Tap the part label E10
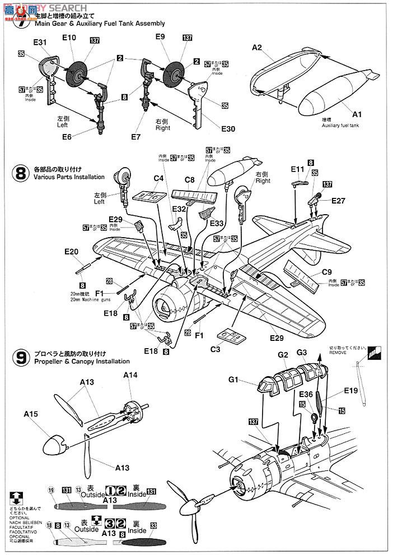point(69,38)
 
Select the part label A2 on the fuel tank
point(257,48)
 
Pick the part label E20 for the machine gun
point(71,252)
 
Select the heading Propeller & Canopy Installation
point(81,362)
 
